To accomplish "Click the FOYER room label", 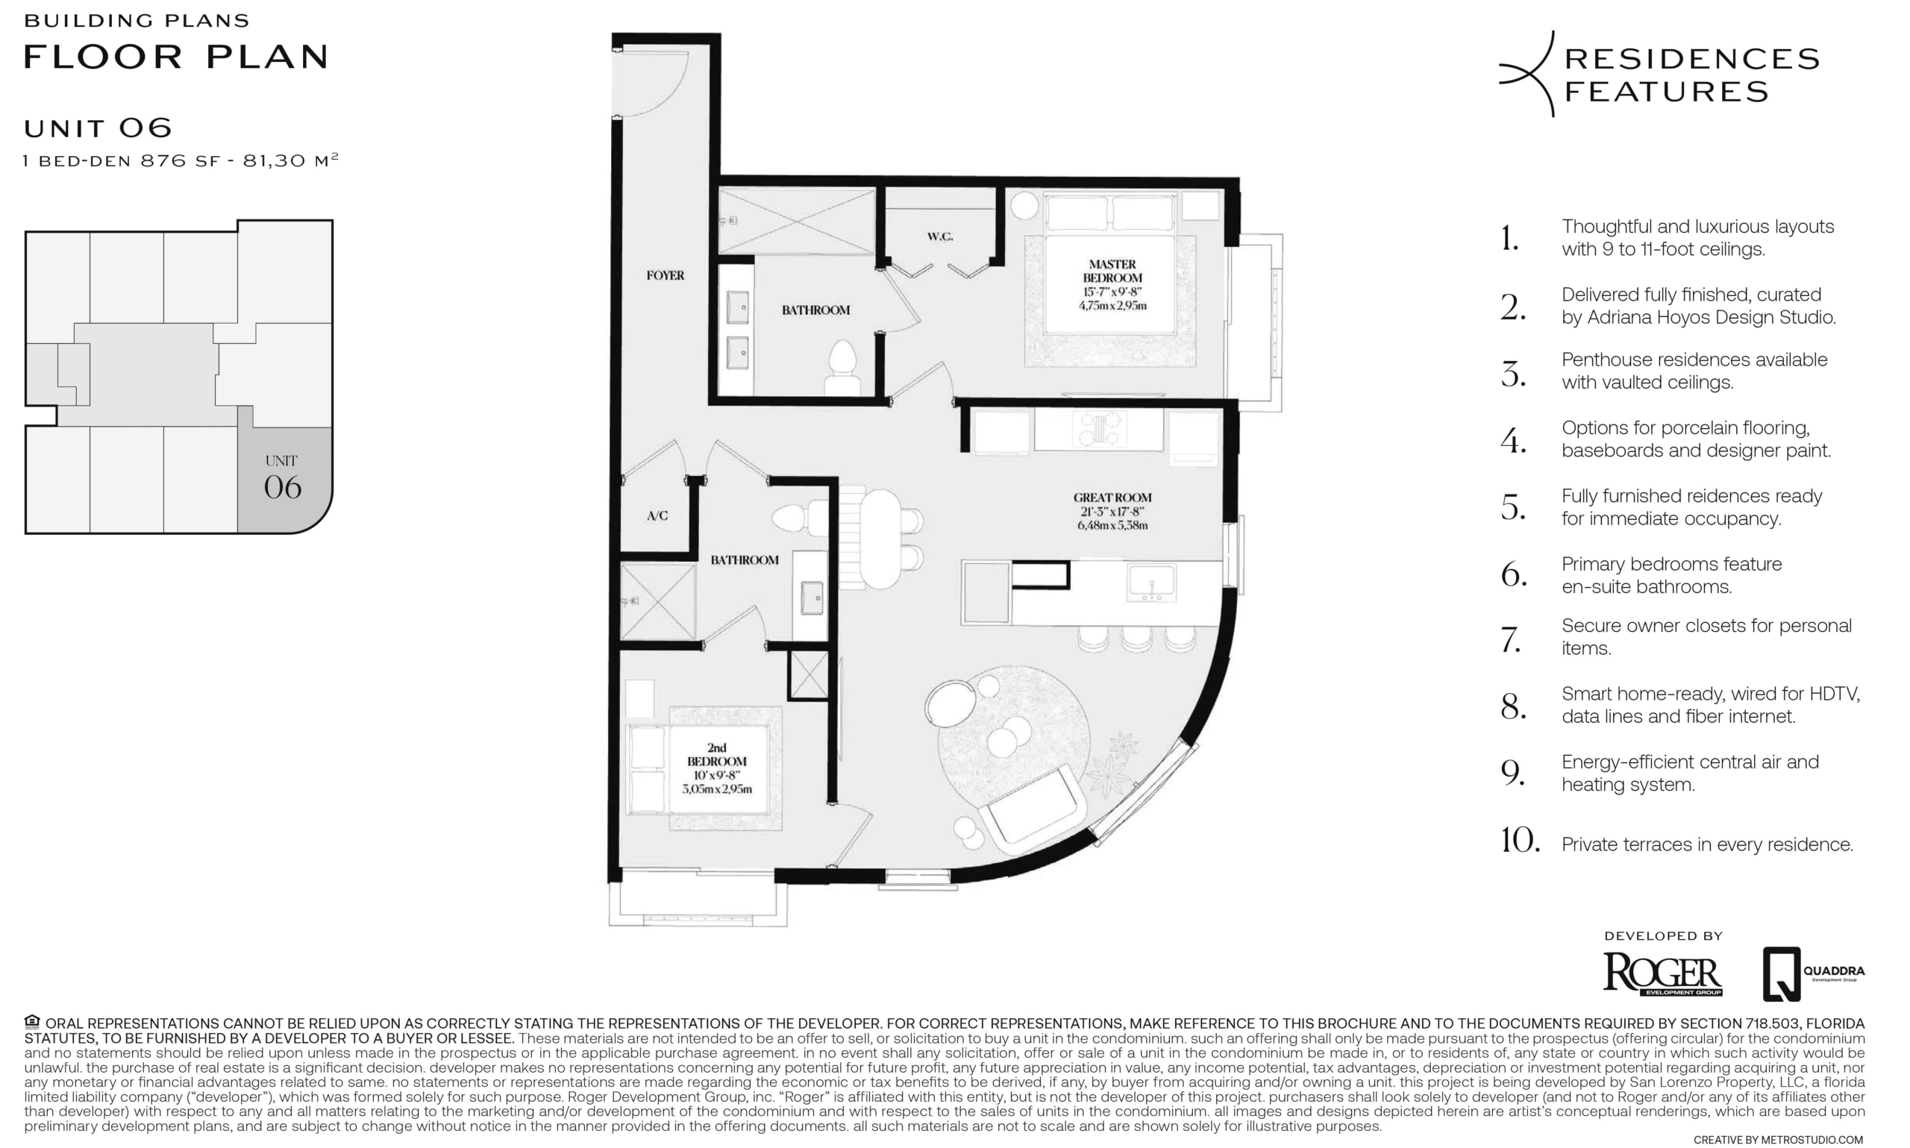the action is coord(666,275).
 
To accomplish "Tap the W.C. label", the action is coord(940,236).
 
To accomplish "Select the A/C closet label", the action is coord(657,516).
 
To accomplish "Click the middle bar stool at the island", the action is coord(1136,640).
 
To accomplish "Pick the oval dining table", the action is coord(880,539).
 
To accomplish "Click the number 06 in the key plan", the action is coord(282,487).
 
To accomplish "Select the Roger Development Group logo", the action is coord(1662,975).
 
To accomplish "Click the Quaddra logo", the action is coord(1813,973).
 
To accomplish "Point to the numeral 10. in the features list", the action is coord(1520,841).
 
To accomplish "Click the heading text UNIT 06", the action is coord(98,128).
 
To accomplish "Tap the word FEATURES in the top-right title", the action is coord(1666,92).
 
